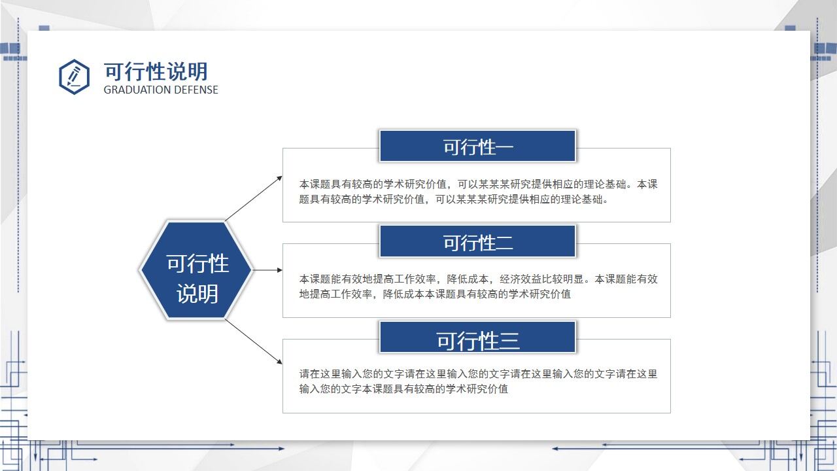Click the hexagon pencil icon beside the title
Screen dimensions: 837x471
(74, 77)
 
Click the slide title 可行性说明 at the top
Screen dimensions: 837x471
(156, 71)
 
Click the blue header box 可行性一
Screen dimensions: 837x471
(477, 146)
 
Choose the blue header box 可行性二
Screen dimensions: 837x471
(477, 241)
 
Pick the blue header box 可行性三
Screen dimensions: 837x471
(477, 337)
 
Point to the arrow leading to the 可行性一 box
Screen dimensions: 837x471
(253, 198)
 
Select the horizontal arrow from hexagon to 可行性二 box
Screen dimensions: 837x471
(268, 270)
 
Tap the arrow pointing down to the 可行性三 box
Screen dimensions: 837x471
(253, 341)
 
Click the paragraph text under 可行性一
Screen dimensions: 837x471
(478, 192)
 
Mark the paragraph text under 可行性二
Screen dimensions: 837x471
(478, 287)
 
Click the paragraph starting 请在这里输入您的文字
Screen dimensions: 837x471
(478, 381)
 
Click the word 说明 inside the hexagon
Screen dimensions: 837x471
(197, 294)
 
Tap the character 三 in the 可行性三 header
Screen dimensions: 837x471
(509, 341)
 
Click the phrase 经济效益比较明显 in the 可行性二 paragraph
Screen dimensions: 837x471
(541, 279)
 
